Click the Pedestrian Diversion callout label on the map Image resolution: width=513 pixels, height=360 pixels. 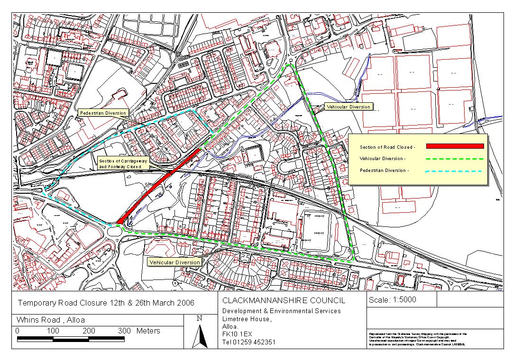click(103, 113)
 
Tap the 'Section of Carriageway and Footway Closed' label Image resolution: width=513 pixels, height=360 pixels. click(123, 164)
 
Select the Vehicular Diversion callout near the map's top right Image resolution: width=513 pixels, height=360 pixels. click(348, 107)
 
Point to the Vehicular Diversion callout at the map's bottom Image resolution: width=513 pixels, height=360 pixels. click(174, 262)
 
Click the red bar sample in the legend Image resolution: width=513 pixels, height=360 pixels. click(454, 147)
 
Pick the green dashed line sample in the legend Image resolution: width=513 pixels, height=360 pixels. click(454, 159)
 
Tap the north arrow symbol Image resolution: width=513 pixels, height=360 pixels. click(203, 337)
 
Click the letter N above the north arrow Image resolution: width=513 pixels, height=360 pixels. click(200, 319)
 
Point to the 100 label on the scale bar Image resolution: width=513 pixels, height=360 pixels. click(53, 331)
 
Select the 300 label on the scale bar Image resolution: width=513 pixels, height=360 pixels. click(124, 331)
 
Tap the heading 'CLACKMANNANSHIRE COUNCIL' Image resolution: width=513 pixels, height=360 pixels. click(284, 301)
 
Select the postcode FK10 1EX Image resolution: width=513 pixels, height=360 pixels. click(239, 334)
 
